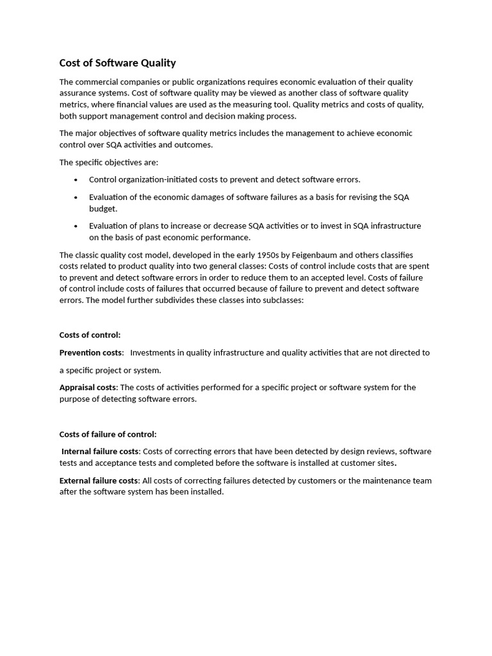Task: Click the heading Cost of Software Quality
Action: pos(117,63)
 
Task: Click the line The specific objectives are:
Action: pos(108,162)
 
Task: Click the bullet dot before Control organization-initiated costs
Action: pos(76,180)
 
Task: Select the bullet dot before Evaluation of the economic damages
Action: pos(76,197)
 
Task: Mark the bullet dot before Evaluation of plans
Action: pos(76,226)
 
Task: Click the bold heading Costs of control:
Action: pos(90,334)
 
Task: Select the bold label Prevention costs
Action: pos(90,352)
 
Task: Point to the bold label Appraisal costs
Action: pos(88,387)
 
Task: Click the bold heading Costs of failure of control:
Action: pos(108,434)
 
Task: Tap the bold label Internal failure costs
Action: pos(100,451)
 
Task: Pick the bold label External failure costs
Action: pos(99,480)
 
